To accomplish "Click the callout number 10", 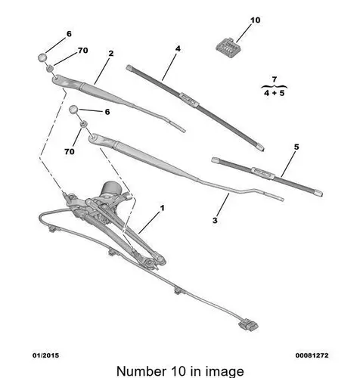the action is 255,20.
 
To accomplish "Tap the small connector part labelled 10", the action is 227,47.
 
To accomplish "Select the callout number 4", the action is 178,48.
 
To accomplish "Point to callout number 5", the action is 296,147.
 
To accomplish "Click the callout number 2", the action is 111,53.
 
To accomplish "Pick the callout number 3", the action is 215,220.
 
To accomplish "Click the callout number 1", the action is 163,208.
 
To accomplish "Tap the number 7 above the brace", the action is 275,79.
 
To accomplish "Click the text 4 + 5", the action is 275,93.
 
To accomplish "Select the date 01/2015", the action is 45,355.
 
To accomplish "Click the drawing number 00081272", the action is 312,355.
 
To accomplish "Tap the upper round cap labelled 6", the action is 42,57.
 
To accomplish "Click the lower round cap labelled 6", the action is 74,110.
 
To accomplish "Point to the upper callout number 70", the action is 83,51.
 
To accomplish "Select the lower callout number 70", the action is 70,151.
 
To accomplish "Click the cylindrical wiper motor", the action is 110,189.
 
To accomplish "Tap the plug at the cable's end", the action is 248,325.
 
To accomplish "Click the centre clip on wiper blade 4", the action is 189,99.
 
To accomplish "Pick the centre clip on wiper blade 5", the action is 262,172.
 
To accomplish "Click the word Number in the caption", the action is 141,371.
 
